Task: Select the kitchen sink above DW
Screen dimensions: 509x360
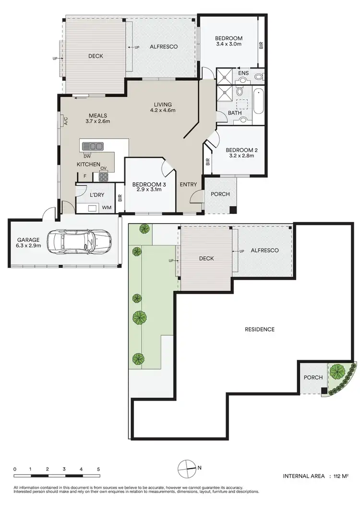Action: pos(93,146)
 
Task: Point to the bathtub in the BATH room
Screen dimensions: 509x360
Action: pos(258,101)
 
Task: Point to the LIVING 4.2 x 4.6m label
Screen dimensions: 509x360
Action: pos(163,107)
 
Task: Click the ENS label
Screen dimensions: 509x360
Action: pos(243,73)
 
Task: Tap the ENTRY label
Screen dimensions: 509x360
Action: pos(188,184)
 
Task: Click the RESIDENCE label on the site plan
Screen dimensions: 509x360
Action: pos(260,329)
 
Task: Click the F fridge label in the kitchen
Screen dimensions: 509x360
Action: pos(85,176)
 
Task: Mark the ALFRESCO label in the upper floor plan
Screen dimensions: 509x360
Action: pos(164,47)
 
